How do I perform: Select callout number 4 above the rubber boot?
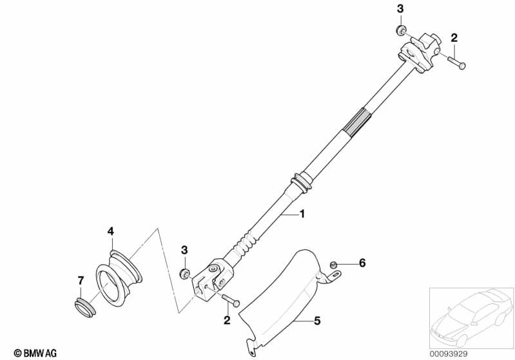click(110, 231)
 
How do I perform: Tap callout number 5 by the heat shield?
click(316, 319)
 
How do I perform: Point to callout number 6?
click(362, 263)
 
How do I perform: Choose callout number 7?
click(81, 280)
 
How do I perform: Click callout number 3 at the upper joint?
click(400, 9)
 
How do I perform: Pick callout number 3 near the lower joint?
click(184, 249)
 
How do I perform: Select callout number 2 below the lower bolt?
click(226, 319)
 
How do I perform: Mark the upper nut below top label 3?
click(400, 30)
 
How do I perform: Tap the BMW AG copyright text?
click(30, 352)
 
